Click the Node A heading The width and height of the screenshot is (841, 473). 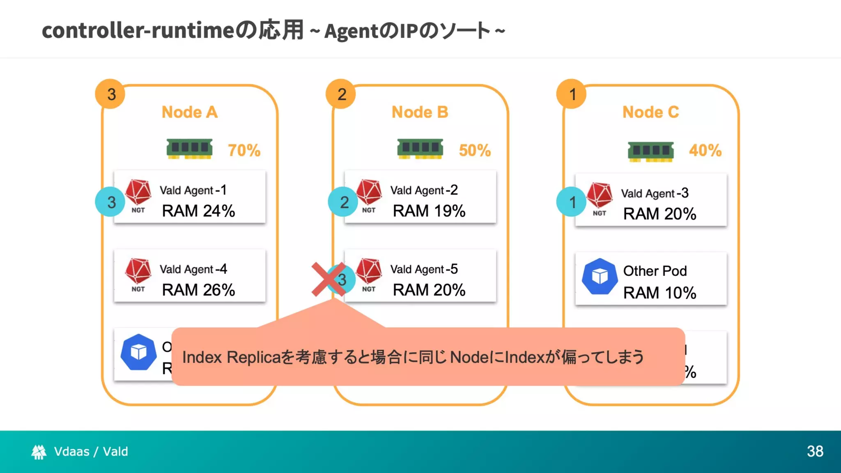(x=189, y=112)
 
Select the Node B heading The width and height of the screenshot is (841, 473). (x=420, y=112)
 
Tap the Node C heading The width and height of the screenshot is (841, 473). (x=650, y=112)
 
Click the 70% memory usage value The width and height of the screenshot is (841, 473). (x=244, y=150)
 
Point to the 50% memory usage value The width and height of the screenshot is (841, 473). (x=475, y=150)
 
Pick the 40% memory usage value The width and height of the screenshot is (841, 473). (x=705, y=150)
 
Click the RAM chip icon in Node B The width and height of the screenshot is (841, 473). (x=420, y=149)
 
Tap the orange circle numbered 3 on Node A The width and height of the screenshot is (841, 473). (x=110, y=94)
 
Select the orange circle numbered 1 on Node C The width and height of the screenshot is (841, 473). (x=572, y=94)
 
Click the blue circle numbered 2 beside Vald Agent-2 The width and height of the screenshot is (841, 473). (x=343, y=202)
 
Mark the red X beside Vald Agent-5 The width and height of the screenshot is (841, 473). (x=328, y=279)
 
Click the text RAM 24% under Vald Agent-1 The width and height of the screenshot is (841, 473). (x=198, y=211)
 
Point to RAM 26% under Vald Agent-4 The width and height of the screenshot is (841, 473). (x=198, y=290)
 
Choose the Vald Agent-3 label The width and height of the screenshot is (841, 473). (x=655, y=193)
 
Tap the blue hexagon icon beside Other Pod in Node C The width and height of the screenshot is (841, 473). (x=600, y=276)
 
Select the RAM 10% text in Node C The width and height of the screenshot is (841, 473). (x=659, y=293)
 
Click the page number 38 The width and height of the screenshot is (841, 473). (x=815, y=451)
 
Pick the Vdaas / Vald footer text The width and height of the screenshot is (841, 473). (x=91, y=451)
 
